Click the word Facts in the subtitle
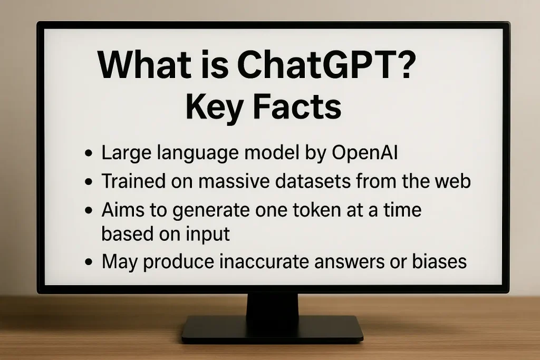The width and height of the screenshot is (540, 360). click(297, 106)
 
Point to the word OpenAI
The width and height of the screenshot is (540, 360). click(365, 152)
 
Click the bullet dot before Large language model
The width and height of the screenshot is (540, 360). click(89, 153)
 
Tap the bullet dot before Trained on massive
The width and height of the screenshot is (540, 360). click(89, 181)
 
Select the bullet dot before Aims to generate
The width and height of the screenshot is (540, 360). click(89, 210)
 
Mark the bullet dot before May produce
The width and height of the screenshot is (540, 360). click(89, 261)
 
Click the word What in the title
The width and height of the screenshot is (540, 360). click(144, 65)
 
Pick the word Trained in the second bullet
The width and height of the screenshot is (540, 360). click(133, 181)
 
